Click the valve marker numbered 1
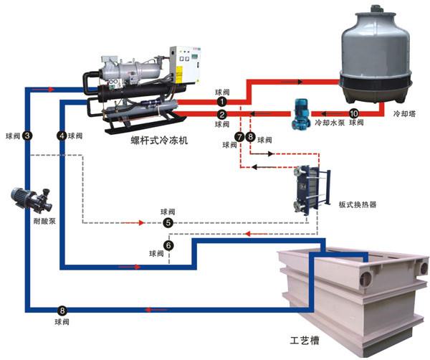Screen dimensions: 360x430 tap(222, 103)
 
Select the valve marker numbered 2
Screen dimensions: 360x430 tap(222, 114)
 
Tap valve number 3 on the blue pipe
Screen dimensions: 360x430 tap(27, 135)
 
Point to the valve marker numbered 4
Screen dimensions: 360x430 tap(62, 135)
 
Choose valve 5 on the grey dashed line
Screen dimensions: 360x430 tap(168, 223)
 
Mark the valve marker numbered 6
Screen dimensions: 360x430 tap(168, 245)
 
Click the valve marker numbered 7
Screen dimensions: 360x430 tap(239, 136)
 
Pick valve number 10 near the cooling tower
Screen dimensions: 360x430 tap(353, 113)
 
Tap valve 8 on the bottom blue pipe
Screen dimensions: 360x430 tap(62, 311)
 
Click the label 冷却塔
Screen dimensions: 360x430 tap(407, 113)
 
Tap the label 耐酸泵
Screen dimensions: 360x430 tap(35, 221)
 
